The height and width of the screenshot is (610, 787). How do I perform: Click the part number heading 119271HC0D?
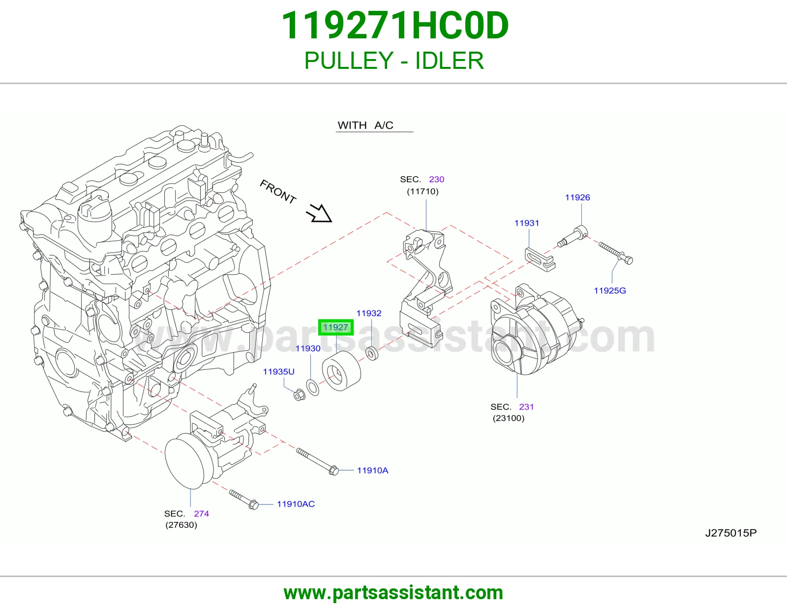coord(395,26)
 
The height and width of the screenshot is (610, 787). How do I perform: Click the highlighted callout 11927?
coord(335,328)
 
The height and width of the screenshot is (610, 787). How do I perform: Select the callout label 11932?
coord(369,313)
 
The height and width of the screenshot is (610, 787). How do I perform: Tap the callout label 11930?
coord(308,348)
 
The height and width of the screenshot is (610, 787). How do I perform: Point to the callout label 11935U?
coord(278,371)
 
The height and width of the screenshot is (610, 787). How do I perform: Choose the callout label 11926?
coord(577,197)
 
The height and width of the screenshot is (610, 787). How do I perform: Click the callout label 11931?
coord(527,223)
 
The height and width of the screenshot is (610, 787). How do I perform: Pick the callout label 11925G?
coord(610,291)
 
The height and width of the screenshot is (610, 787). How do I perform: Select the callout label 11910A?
coord(373,471)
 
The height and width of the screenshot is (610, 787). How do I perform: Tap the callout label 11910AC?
coord(296,504)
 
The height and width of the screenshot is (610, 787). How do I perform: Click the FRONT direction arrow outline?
coord(319,213)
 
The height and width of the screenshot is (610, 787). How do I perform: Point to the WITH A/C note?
coord(365,125)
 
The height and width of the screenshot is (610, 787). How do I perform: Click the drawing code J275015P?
coord(731,533)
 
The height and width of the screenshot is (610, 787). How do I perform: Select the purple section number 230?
coord(436,179)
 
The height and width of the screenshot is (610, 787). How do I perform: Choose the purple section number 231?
coord(526,407)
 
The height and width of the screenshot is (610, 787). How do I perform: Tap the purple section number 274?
coord(201,514)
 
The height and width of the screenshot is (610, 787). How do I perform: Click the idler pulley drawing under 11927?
coord(341,371)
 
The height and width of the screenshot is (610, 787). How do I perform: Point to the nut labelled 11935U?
coord(299,395)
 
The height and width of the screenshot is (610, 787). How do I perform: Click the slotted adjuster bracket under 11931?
coord(540,259)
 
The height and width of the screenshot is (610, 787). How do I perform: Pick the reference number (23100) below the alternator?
coord(509,418)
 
